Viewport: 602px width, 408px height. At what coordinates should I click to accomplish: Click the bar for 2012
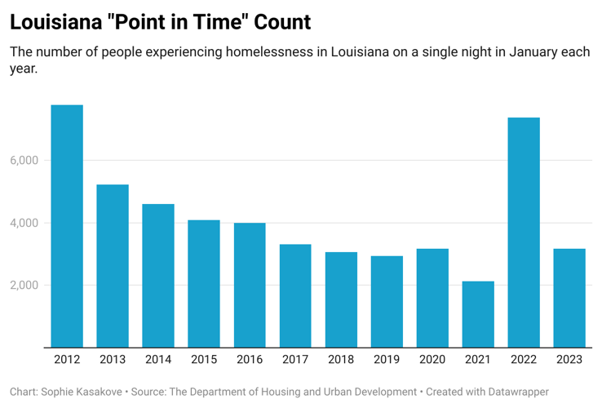[67, 226]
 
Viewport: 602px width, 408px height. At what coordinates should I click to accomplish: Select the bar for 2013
[113, 266]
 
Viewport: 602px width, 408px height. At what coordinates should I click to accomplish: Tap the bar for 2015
[204, 284]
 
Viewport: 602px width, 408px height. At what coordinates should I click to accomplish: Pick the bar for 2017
[295, 296]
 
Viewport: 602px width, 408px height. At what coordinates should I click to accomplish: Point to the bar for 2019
[387, 302]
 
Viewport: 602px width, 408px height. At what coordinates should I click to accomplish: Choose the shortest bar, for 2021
[478, 314]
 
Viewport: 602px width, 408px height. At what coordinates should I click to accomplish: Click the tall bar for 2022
[524, 233]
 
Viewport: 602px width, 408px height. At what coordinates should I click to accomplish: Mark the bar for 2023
[569, 298]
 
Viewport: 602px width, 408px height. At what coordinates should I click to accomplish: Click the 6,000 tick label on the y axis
[24, 161]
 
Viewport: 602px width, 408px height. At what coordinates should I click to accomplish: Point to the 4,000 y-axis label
[24, 223]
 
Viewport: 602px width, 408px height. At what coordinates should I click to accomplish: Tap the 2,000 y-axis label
[24, 286]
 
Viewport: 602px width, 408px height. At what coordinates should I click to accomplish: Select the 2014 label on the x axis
[158, 360]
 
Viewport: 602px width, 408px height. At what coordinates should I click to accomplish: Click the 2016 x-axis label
[250, 360]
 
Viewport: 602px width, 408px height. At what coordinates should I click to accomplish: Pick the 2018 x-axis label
[341, 360]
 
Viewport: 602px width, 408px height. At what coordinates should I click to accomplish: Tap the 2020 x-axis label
[432, 360]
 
